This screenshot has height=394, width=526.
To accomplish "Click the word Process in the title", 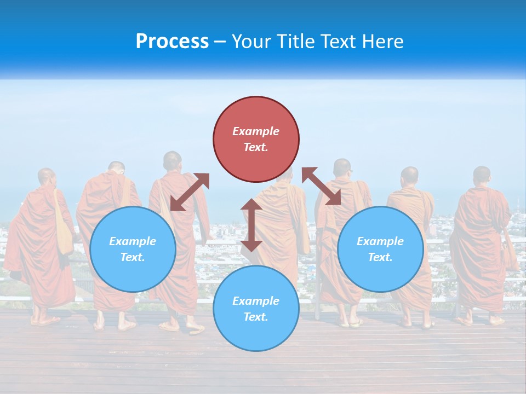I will [172, 42].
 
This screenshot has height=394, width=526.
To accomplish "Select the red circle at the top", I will [256, 139].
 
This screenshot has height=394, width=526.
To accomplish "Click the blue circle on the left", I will [133, 249].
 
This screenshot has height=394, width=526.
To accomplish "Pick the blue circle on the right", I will [380, 249].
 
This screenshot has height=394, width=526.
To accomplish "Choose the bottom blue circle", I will [256, 309].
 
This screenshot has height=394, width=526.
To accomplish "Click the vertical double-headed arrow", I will [251, 225].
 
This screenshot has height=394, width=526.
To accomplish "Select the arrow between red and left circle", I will [190, 192].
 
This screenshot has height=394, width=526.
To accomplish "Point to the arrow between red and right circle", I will [321, 187].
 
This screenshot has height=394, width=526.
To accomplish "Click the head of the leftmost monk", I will [47, 177].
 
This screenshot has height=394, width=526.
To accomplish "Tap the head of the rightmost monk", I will [482, 175].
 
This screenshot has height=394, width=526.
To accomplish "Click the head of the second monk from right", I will [409, 176].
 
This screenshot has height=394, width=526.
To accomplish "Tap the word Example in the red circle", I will [256, 131].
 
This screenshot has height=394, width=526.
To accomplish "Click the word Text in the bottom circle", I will [255, 317].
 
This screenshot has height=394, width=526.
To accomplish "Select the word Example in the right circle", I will [380, 241].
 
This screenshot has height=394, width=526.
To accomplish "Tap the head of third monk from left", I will [172, 160].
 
